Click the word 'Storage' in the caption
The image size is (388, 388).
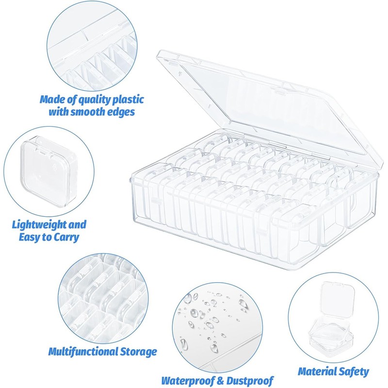click(139, 352)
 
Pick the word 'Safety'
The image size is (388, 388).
click(354, 372)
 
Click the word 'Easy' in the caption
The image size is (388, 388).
click(31, 238)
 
